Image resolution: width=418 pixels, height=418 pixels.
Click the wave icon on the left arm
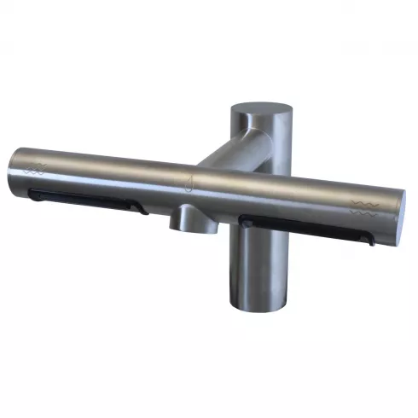[37, 167]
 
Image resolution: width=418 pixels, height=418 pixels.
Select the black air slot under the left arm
[85, 200]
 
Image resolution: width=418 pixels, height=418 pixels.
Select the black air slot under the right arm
[307, 228]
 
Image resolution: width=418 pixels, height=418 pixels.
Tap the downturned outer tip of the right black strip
[372, 242]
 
